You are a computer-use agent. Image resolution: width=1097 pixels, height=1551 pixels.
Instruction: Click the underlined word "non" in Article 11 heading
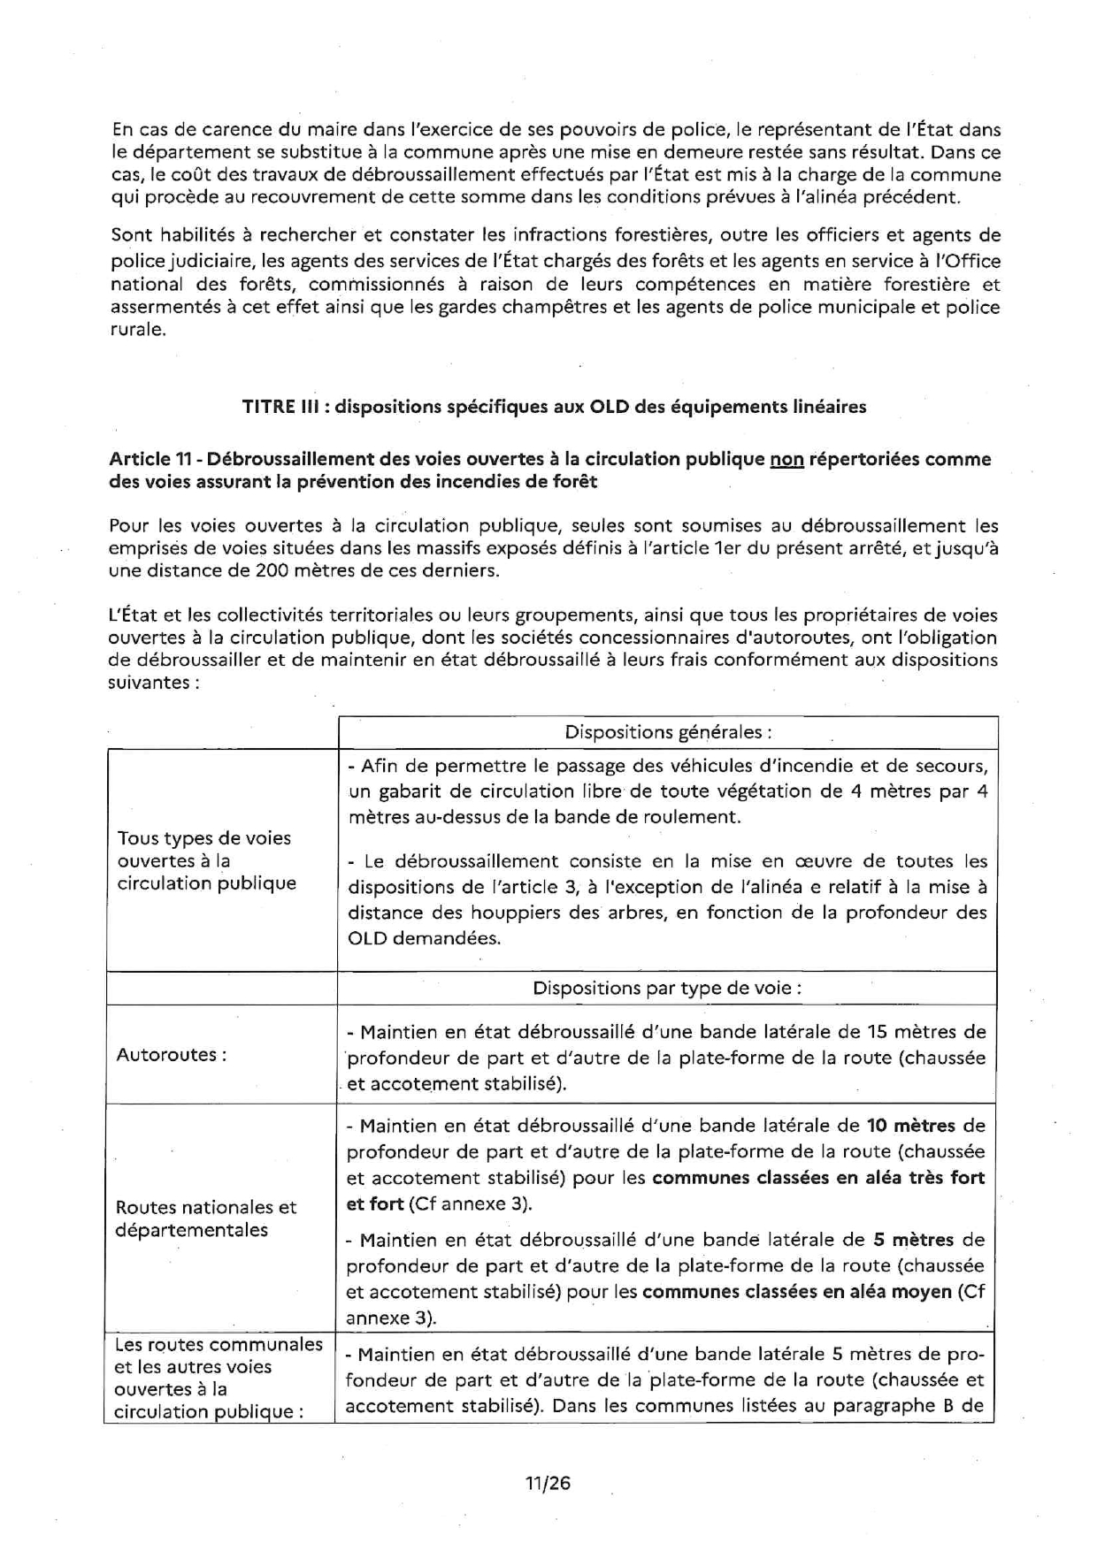point(786,459)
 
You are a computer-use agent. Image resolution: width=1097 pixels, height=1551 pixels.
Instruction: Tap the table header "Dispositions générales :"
point(668,732)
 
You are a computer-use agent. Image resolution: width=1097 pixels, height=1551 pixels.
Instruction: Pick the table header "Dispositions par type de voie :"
point(667,988)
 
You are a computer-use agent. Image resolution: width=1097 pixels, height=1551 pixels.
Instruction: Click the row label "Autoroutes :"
point(172,1054)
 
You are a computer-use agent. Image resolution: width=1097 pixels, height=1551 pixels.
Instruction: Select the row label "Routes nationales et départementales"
point(205,1219)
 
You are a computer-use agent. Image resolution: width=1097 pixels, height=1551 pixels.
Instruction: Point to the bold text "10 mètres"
point(911,1126)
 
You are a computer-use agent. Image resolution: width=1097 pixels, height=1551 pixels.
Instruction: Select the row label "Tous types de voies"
point(204,837)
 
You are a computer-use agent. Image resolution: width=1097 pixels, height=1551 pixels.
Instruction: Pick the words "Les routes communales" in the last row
point(219,1344)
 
